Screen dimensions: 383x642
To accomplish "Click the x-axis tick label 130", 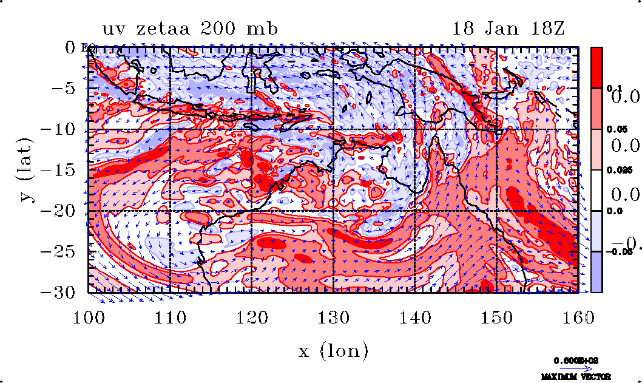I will pyautogui.click(x=333, y=317).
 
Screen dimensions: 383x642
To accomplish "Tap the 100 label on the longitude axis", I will pyautogui.click(x=89, y=317).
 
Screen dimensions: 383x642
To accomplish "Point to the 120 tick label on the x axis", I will pyautogui.click(x=252, y=317).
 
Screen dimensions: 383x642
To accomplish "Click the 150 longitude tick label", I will pyautogui.click(x=496, y=317).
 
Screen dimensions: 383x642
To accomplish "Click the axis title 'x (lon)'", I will pyautogui.click(x=333, y=350).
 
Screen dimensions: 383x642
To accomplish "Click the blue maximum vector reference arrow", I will pyautogui.click(x=572, y=368).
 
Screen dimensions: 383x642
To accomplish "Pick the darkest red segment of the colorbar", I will pyautogui.click(x=597, y=67).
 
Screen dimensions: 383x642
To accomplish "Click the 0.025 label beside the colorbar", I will pyautogui.click(x=615, y=171).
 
